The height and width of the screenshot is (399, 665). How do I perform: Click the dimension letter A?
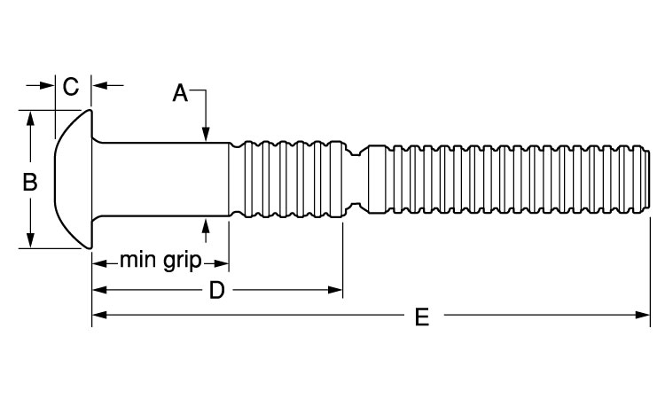point(181,92)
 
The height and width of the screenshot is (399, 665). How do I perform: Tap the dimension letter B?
point(29,182)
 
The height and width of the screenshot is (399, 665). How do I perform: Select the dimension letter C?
point(72,86)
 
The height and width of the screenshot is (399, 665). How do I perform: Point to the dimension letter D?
point(216,290)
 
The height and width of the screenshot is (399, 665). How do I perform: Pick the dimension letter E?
point(422,317)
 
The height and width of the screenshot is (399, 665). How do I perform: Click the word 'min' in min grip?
point(138,261)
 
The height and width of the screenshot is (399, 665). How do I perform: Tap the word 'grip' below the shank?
point(182,262)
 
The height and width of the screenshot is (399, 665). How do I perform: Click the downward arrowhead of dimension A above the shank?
point(206,135)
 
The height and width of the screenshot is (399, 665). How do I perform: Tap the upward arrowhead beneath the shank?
point(206,226)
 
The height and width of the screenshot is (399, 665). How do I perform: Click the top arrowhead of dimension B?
point(32,117)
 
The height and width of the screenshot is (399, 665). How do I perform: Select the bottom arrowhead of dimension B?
point(32,242)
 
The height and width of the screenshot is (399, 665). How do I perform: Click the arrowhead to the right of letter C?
point(99,86)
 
